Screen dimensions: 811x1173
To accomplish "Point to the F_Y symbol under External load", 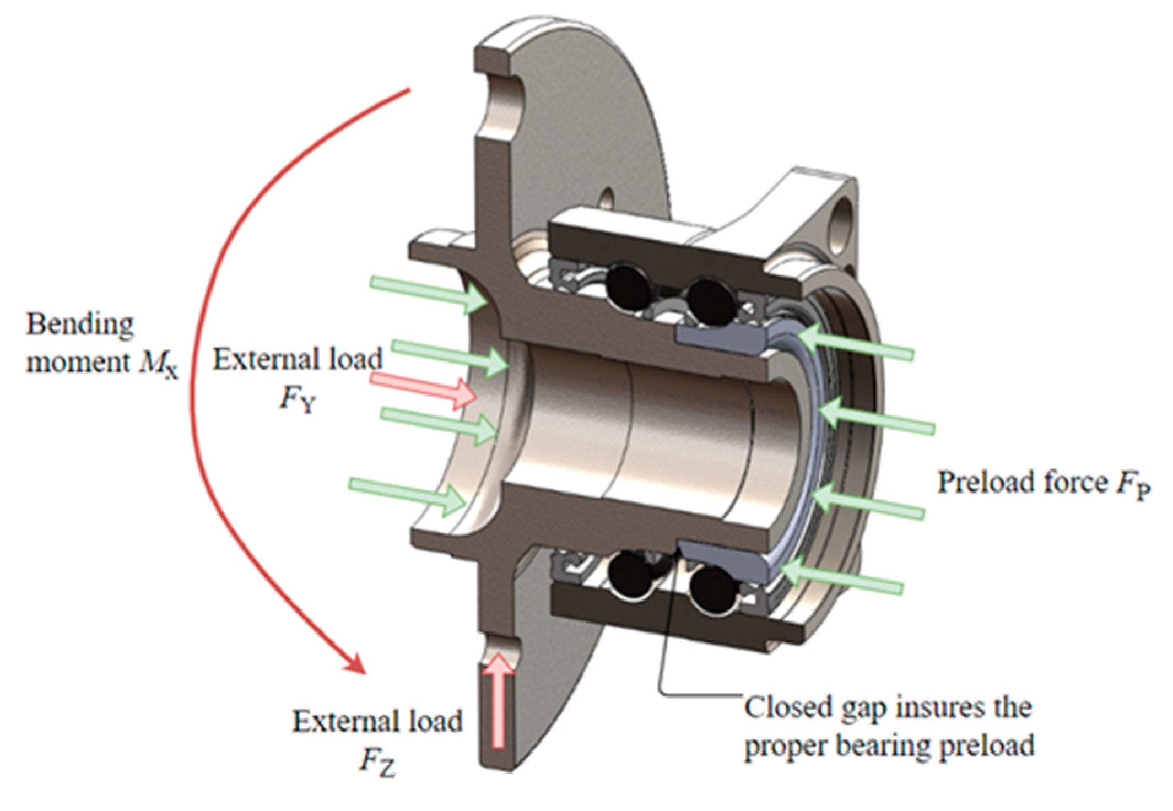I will pos(298,398).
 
